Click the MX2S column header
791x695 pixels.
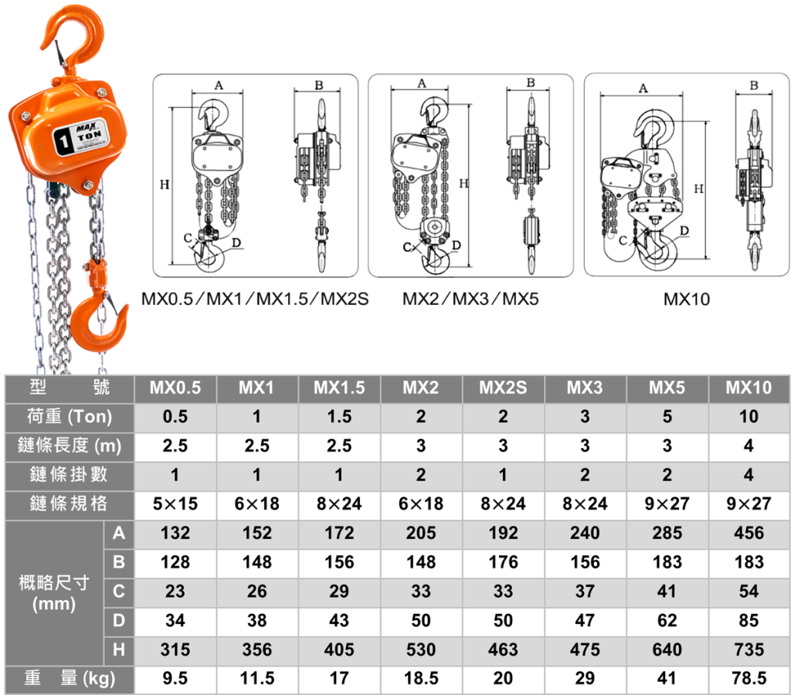coord(503,388)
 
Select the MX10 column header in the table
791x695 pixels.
coord(749,388)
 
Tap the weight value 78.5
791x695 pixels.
coord(749,678)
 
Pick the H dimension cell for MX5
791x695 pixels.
coord(667,649)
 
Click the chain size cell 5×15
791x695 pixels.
coord(175,503)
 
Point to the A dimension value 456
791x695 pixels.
coord(749,533)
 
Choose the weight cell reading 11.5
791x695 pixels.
coord(256,678)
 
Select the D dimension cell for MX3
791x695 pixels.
coord(585,620)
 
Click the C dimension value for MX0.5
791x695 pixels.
coord(175,591)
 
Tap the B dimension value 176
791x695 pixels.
coord(503,562)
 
